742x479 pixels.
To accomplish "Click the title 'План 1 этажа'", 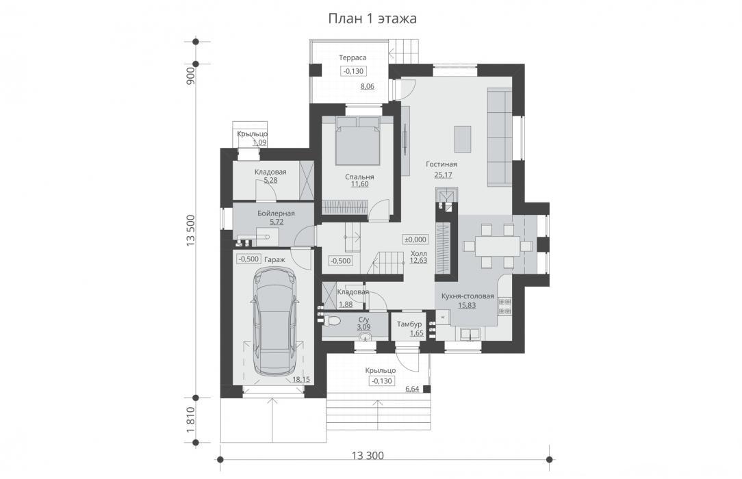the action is click(x=372, y=18).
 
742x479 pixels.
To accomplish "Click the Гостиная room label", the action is click(x=441, y=164).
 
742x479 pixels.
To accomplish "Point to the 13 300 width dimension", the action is click(x=368, y=456).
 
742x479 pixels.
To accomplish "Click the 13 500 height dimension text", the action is click(x=190, y=231).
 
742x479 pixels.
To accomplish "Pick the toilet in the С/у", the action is click(x=332, y=321).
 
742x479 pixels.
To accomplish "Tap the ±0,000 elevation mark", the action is click(x=415, y=239).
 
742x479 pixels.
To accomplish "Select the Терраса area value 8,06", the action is click(x=367, y=86).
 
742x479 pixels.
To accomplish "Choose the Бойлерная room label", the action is click(x=276, y=213).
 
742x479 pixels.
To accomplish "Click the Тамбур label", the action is click(x=409, y=324).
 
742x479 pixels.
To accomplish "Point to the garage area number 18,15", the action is click(x=301, y=380).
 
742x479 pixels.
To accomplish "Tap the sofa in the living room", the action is click(x=499, y=136).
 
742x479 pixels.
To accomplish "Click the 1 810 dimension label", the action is click(x=190, y=420).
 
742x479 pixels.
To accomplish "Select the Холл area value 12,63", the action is click(x=418, y=261).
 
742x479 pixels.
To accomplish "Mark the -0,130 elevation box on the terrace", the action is click(x=353, y=71).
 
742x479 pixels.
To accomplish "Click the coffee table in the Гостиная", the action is click(x=462, y=139).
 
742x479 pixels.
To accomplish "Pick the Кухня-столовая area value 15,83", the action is click(x=467, y=305).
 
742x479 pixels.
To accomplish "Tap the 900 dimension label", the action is click(x=190, y=76).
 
